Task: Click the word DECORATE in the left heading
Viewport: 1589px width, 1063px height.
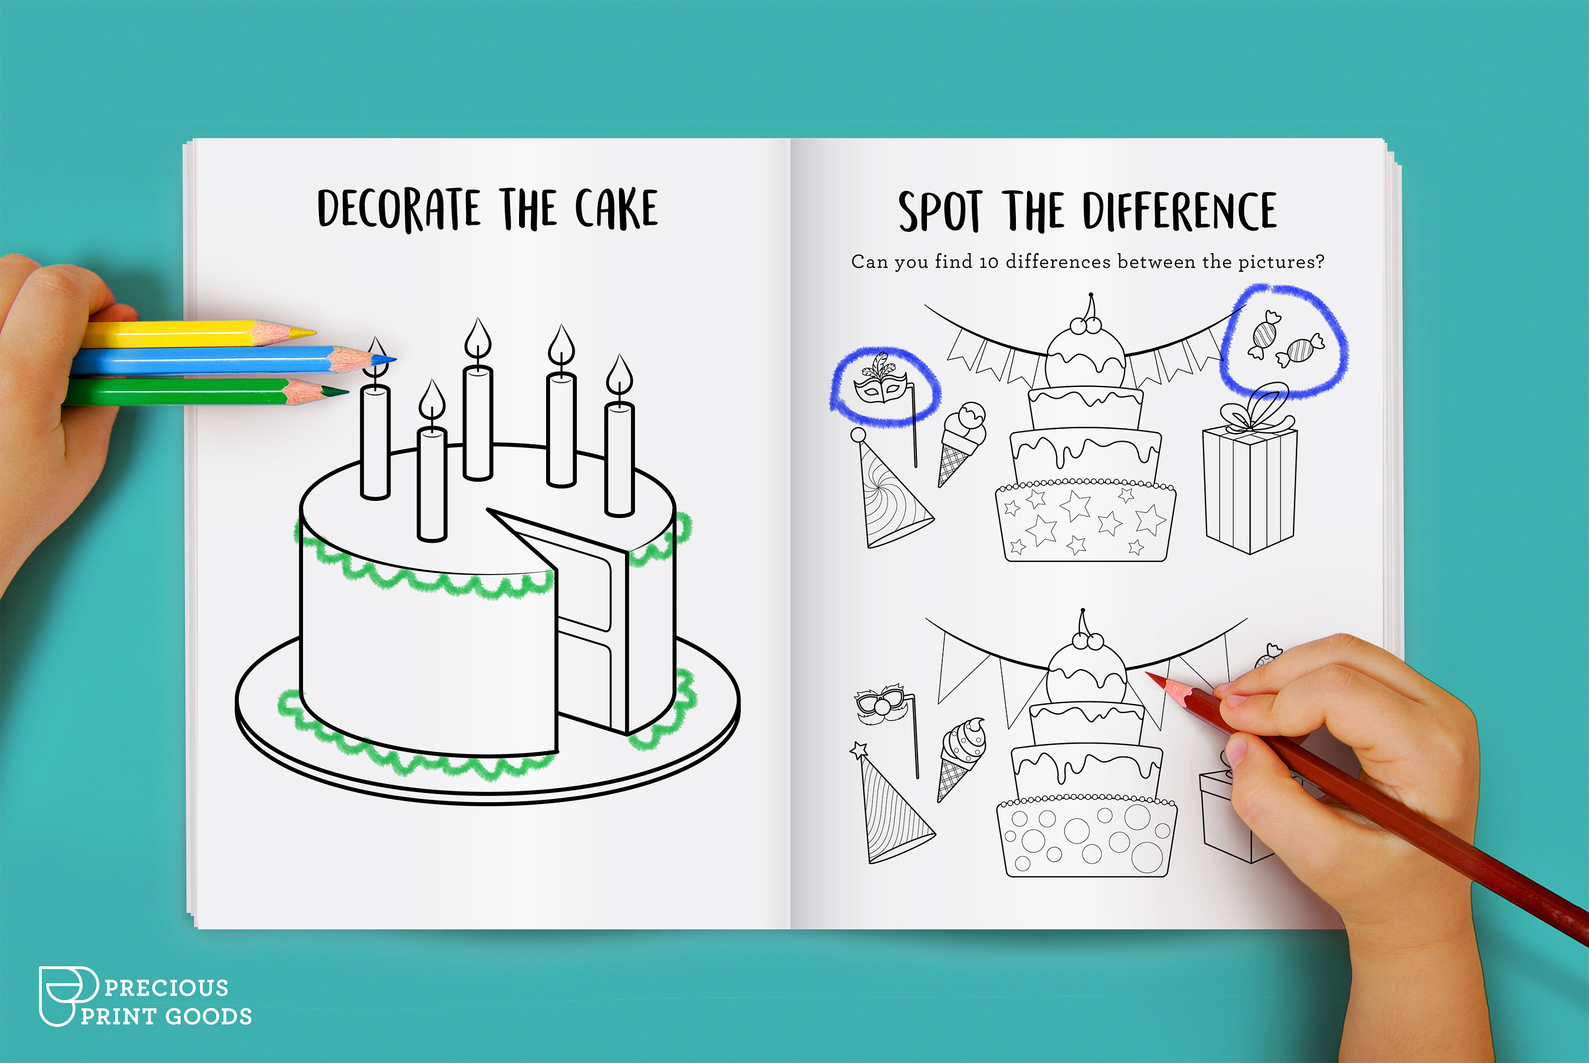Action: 399,209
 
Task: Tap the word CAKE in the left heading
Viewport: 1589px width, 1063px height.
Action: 616,209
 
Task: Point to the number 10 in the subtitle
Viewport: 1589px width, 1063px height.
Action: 988,263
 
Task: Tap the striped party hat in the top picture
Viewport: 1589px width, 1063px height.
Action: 892,498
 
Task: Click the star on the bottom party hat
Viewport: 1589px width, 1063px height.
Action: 859,749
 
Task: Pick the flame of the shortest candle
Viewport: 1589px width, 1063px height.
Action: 432,400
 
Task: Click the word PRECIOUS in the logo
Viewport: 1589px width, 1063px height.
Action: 166,988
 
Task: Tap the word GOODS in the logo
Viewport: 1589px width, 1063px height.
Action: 208,1016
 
